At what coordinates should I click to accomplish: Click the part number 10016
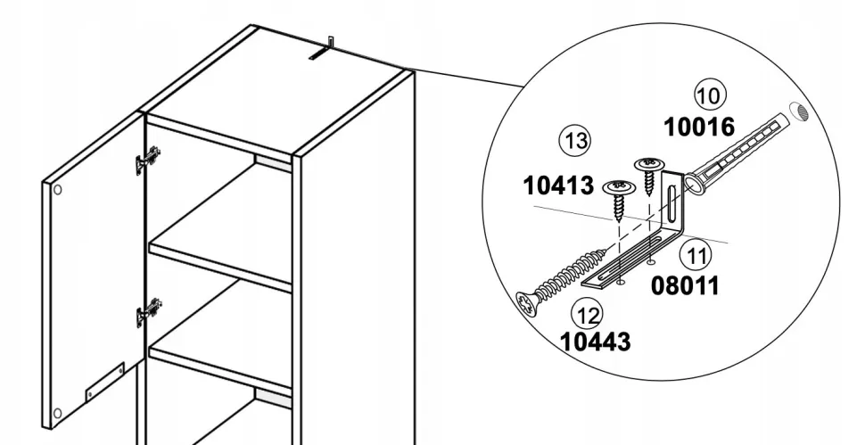[x=699, y=128]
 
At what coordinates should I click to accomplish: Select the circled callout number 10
[x=710, y=95]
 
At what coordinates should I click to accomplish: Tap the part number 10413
[x=558, y=185]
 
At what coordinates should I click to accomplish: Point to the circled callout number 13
[x=575, y=140]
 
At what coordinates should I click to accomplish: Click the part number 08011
[x=686, y=285]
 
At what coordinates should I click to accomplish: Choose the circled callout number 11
[x=696, y=255]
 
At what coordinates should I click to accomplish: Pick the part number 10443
[x=595, y=342]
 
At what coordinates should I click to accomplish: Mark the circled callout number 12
[x=588, y=314]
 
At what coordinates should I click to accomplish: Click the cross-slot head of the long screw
[x=526, y=304]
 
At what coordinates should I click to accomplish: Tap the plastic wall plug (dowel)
[x=733, y=152]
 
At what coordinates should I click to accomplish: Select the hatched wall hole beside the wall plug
[x=798, y=112]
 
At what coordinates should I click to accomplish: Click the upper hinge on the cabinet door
[x=148, y=159]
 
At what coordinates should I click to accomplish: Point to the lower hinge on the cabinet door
[x=148, y=312]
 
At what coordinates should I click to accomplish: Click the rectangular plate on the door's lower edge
[x=105, y=381]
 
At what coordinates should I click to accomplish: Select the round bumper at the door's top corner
[x=57, y=190]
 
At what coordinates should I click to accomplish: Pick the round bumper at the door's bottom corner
[x=57, y=413]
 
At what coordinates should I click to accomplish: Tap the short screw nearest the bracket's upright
[x=651, y=177]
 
